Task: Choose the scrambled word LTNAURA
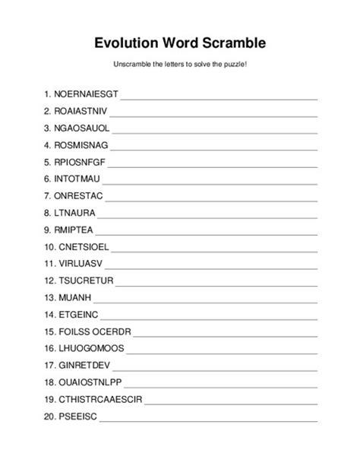75,211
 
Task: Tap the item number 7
47,195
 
